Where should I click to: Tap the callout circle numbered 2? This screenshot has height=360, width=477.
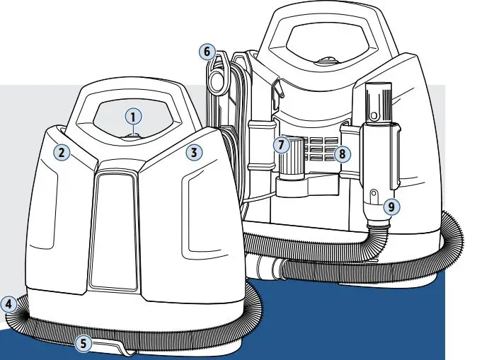click(x=62, y=151)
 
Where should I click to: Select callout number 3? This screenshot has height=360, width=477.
click(x=194, y=151)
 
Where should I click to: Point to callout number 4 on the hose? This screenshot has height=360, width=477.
click(x=8, y=304)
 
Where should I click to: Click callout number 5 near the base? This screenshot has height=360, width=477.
click(x=84, y=344)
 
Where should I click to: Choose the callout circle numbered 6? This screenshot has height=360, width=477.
click(x=207, y=52)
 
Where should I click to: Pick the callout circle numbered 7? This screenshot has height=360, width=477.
click(x=281, y=145)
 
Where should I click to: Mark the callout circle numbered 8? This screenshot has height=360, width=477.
click(x=343, y=153)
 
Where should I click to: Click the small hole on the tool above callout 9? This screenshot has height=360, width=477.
click(x=374, y=192)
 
